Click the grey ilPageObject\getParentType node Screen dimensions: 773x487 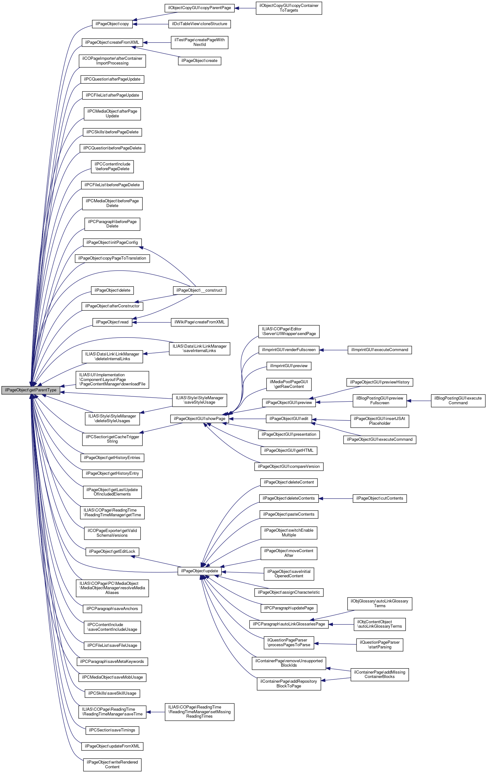point(31,390)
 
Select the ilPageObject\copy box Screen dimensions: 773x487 point(112,24)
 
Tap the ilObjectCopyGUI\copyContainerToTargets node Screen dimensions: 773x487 point(288,8)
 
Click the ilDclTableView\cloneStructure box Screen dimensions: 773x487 point(199,24)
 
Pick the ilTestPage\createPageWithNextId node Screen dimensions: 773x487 point(199,42)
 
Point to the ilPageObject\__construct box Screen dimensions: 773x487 point(199,290)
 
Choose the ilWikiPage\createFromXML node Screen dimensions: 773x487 point(199,322)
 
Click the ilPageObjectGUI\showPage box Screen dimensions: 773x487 point(199,419)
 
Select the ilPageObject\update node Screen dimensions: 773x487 point(199,571)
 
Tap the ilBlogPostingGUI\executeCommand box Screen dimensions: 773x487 point(458,401)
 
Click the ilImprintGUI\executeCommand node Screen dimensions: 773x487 point(379,350)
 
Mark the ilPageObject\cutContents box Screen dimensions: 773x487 point(379,499)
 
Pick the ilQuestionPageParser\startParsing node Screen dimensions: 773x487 point(379,645)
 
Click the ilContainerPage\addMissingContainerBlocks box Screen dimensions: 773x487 point(379,675)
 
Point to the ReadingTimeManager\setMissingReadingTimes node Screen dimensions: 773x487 point(199,712)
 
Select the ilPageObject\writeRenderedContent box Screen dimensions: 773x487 point(112,765)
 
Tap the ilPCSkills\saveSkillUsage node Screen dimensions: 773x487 point(112,693)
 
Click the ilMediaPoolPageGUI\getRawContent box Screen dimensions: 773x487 point(288,384)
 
